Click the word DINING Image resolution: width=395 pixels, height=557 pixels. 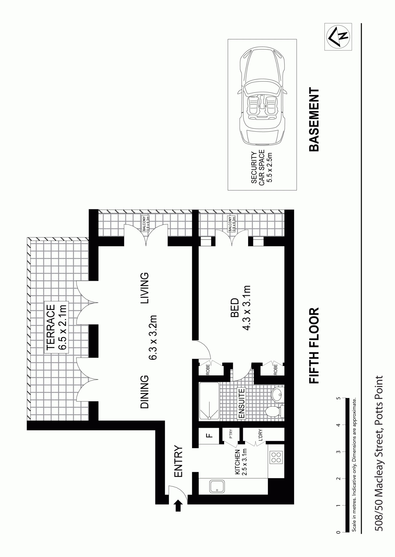coord(144,392)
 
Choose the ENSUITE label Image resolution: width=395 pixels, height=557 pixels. coord(241,403)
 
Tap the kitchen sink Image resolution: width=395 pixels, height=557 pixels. coord(217,487)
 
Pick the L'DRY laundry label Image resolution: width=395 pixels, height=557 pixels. coord(260,435)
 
